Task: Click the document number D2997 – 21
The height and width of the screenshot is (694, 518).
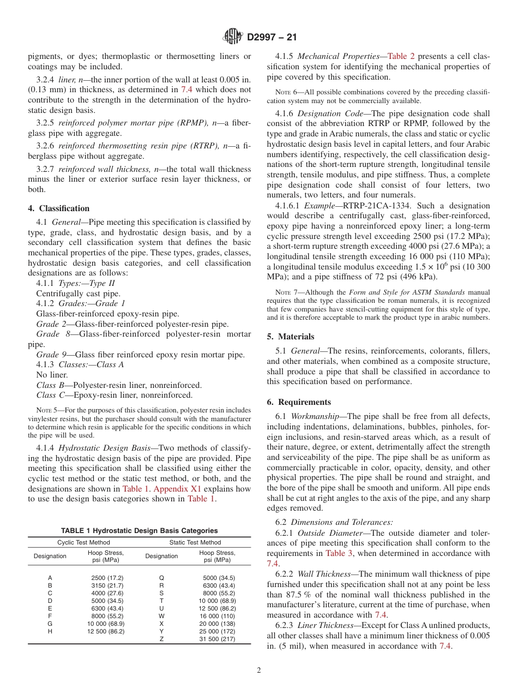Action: [272, 38]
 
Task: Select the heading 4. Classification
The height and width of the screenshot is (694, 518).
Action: [59, 208]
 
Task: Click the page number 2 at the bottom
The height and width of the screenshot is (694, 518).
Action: [259, 671]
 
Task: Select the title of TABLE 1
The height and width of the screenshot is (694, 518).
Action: [139, 530]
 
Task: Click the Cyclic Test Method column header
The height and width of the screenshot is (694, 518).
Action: [83, 542]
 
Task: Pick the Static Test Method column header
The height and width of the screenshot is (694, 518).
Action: [195, 542]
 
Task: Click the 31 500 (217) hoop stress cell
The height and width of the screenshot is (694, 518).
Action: [217, 639]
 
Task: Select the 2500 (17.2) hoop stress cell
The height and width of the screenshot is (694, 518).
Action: [107, 577]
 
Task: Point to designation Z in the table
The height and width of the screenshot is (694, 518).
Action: [161, 639]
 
